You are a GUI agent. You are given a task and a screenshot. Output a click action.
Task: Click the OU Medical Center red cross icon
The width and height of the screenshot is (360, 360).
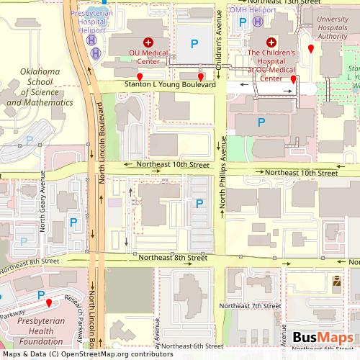(148, 42)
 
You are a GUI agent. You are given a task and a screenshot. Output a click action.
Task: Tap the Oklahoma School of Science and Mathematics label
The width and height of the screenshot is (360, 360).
(39, 87)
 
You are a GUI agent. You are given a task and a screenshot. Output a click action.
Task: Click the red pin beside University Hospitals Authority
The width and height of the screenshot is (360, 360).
(310, 48)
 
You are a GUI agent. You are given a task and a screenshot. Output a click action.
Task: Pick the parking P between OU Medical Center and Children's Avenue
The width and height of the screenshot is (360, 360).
(193, 45)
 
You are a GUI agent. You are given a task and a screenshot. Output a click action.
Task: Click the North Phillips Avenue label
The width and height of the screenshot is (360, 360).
(223, 175)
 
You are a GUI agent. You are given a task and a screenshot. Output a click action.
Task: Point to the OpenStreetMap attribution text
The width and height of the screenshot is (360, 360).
(86, 354)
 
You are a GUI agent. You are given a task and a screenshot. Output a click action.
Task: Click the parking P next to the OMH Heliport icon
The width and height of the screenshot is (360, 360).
(243, 22)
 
